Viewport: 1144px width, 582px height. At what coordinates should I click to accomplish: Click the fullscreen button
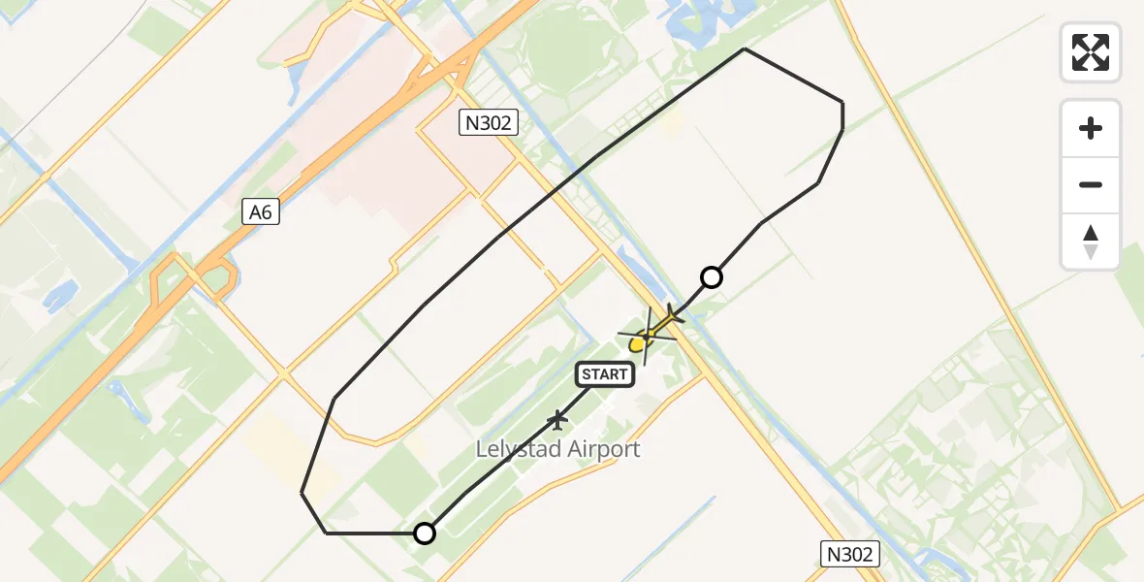point(1091,52)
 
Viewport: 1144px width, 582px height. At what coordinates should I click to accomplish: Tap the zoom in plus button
point(1091,128)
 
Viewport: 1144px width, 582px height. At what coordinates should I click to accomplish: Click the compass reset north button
point(1091,242)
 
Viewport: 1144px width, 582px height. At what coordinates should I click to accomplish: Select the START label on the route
point(606,374)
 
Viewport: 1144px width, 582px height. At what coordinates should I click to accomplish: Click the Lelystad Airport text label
point(557,449)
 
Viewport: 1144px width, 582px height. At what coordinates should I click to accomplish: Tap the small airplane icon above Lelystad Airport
point(557,420)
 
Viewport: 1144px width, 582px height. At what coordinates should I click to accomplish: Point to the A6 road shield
point(261,211)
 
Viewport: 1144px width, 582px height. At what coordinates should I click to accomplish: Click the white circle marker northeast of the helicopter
point(712,277)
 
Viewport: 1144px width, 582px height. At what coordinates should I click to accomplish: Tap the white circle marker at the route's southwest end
point(425,533)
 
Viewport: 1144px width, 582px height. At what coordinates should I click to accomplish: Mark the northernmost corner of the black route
point(744,48)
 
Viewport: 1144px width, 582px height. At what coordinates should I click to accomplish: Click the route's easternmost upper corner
point(842,103)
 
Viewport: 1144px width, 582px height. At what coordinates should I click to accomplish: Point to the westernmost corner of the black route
point(302,493)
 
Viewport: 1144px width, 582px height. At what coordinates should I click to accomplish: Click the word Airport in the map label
point(602,449)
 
